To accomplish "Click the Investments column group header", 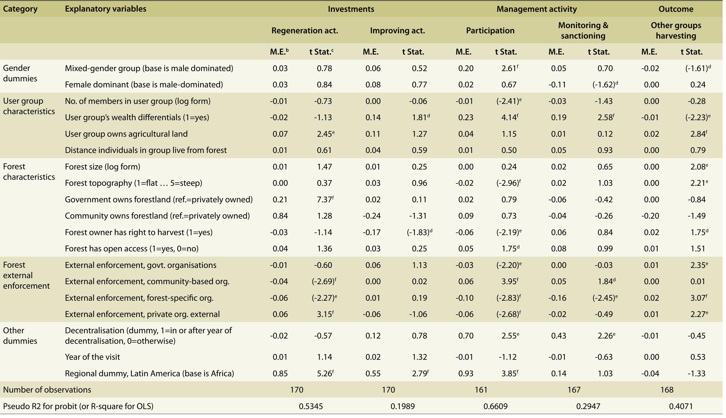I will point(351,9).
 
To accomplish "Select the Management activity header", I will point(536,9).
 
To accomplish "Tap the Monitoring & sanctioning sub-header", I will point(583,30).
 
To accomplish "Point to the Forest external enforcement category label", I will point(26,275).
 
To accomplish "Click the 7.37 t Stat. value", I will point(325,199).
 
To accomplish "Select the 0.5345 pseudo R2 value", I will point(311,406).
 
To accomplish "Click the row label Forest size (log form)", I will point(102,167).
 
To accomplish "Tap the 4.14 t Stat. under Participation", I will point(509,117).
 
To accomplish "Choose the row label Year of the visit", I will point(92,357).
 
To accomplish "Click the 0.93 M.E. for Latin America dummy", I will point(466,373).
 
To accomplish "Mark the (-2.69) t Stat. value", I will point(324,281).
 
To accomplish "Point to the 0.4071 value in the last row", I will point(681,406).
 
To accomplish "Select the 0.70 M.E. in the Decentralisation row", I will point(466,336).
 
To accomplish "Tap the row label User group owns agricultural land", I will point(126,134).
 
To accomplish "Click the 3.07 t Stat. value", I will point(698,298).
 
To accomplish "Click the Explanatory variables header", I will point(106,9).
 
